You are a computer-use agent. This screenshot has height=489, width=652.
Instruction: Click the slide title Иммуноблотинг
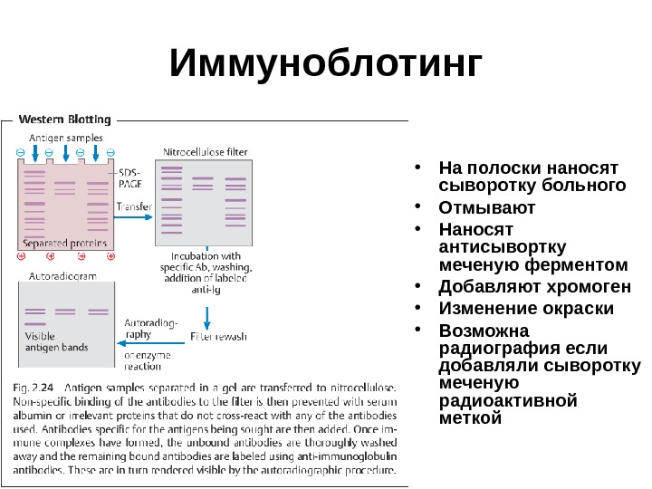click(327, 65)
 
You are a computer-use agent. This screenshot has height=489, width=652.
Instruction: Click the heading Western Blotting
click(65, 119)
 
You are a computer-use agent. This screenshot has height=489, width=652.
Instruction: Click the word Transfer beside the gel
click(134, 206)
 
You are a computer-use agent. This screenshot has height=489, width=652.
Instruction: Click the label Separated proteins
click(64, 243)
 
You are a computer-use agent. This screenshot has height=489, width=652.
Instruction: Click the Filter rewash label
click(218, 336)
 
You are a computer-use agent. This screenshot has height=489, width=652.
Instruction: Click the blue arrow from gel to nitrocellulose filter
click(136, 218)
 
